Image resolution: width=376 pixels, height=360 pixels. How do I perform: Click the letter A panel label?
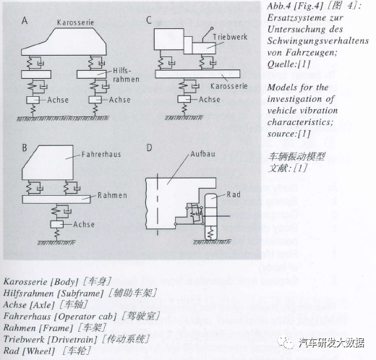[x=25, y=21]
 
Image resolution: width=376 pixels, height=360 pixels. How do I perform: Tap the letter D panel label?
[x=150, y=147]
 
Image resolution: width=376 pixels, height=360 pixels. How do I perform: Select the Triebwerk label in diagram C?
[x=230, y=37]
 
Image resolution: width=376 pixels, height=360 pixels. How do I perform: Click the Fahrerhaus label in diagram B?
[x=101, y=154]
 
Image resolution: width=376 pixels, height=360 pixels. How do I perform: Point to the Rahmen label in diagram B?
[x=112, y=195]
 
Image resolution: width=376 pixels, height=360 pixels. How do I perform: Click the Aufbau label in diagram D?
[x=203, y=154]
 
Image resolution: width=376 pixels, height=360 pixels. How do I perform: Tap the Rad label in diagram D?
[x=234, y=194]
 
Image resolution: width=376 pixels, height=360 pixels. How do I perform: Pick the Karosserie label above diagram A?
[x=75, y=22]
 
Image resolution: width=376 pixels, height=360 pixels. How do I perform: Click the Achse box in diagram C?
[x=184, y=99]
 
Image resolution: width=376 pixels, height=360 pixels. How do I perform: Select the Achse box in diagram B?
[x=57, y=224]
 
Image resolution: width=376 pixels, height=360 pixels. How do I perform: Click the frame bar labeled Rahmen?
[x=56, y=200]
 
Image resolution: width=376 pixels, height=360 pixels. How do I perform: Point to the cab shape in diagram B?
[x=48, y=163]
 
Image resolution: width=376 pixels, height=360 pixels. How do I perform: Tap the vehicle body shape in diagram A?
[x=64, y=42]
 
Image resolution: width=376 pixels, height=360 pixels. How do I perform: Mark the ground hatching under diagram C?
[x=184, y=118]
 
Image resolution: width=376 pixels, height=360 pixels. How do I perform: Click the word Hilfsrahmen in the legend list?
[x=28, y=293]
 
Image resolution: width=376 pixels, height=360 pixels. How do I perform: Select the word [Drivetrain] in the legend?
[x=72, y=340]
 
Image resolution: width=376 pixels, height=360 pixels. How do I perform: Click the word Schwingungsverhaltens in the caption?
[x=318, y=41]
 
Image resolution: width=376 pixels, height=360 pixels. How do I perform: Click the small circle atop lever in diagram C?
[x=212, y=28]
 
